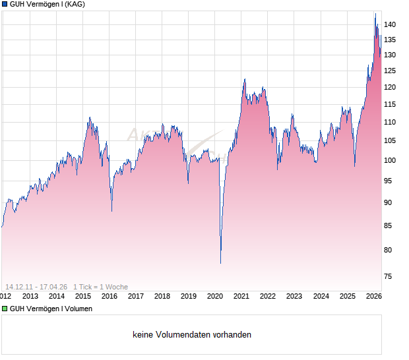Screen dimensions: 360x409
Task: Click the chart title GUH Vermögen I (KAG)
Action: (47, 5)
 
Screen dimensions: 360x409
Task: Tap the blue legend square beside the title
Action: (5, 5)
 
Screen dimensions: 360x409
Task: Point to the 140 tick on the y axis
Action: (390, 25)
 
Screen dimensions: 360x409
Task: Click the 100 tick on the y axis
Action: (390, 160)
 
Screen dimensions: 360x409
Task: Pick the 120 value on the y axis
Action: (390, 87)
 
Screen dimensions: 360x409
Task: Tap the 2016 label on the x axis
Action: (110, 296)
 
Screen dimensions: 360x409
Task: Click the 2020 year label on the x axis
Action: (215, 296)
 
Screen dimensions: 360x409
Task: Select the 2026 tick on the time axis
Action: (373, 296)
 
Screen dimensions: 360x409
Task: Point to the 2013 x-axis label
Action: (30, 296)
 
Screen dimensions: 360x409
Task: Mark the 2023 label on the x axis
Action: (294, 296)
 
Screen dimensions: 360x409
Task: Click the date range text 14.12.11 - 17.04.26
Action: (36, 287)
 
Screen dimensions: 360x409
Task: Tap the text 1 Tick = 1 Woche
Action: (100, 287)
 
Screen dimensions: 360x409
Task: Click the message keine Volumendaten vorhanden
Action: (192, 335)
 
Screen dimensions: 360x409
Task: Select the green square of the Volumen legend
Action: (5, 309)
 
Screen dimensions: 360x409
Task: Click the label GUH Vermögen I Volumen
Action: (51, 309)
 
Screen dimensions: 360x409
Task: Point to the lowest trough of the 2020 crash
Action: (220, 263)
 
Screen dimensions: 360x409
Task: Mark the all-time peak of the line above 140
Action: (375, 14)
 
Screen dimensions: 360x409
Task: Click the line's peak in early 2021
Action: (244, 79)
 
